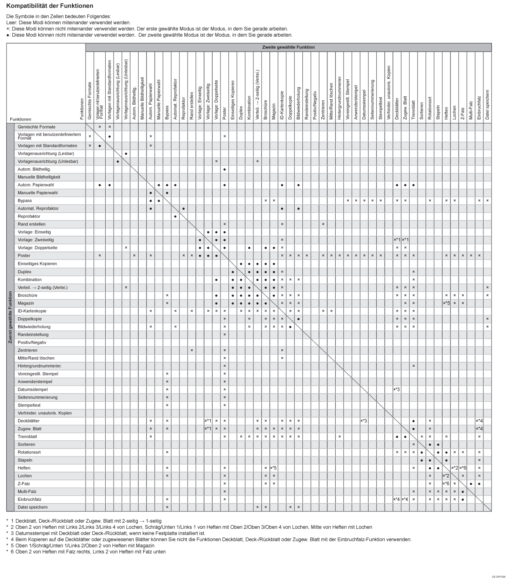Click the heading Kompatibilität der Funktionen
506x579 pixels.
(50, 6)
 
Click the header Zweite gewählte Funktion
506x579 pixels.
(288, 47)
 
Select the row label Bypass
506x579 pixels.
(25, 200)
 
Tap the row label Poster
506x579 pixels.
(24, 256)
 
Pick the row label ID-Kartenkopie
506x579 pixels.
(32, 311)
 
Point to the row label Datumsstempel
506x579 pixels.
(32, 389)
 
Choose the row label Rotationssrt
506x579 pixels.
(29, 452)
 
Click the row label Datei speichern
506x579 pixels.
(32, 507)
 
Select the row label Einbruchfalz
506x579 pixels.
(30, 500)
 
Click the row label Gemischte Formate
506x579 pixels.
(37, 127)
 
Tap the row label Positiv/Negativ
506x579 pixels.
(32, 342)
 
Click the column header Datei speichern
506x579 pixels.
(487, 105)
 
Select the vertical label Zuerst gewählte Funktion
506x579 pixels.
(10, 317)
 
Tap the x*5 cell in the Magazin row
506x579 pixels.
(446, 303)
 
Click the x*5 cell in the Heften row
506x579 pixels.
(273, 468)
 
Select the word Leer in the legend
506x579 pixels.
(11, 23)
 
